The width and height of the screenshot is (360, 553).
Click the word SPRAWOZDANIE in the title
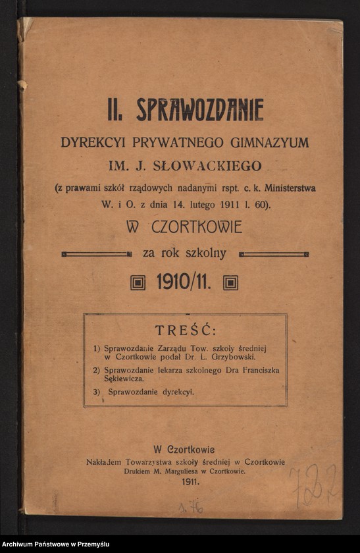(x=200, y=110)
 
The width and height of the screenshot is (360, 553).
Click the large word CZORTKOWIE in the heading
(x=197, y=228)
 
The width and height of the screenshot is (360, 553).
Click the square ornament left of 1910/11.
(x=138, y=283)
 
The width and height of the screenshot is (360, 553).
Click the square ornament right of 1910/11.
(x=230, y=283)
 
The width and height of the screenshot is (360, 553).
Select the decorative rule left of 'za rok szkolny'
(x=96, y=253)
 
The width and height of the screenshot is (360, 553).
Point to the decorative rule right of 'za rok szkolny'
(x=274, y=253)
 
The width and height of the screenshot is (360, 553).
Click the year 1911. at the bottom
(x=185, y=482)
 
